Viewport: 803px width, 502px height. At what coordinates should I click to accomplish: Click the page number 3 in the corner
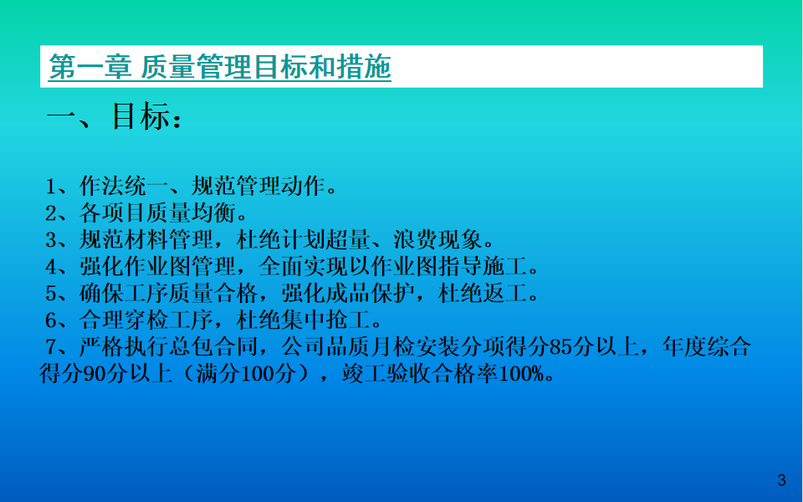coord(781,480)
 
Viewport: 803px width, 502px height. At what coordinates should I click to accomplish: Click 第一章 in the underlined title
coord(90,67)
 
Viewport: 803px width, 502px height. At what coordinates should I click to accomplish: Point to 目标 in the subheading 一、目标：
coord(141,116)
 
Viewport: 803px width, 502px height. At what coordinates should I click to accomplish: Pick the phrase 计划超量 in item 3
coord(325,240)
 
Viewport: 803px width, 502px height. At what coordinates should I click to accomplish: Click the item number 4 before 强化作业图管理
coord(51,267)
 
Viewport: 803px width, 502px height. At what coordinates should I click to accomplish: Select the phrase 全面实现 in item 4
coord(303,266)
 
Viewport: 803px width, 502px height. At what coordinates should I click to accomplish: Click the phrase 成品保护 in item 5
coord(371,293)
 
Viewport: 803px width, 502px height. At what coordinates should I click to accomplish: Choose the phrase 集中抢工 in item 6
coord(325,320)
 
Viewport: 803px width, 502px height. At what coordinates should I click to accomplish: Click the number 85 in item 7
coord(560,347)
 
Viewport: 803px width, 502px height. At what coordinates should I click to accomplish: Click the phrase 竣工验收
coord(386,373)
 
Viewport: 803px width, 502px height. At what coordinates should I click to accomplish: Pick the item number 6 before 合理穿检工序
coord(51,320)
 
